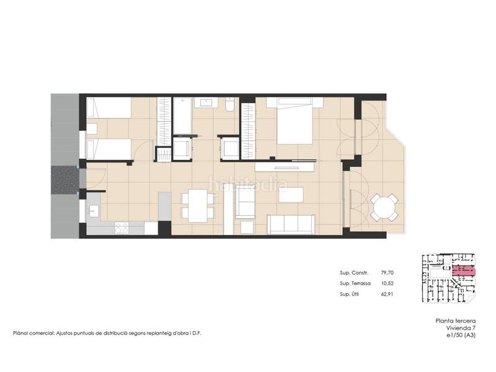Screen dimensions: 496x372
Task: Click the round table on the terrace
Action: click(384, 207)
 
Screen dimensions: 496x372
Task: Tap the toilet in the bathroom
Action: click(229, 104)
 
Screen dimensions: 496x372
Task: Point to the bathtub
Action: click(182, 116)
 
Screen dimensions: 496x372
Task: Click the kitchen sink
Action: click(94, 211)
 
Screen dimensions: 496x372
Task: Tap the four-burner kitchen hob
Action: click(122, 228)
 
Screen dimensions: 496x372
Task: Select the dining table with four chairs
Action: click(198, 206)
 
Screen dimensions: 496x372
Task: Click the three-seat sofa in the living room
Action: click(291, 224)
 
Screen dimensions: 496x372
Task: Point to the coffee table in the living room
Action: click(291, 195)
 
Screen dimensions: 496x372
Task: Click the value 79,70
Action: click(387, 273)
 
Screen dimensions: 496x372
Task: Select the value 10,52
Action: click(387, 283)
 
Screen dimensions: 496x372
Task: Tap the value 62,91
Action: click(387, 294)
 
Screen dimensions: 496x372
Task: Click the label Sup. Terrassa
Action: click(355, 283)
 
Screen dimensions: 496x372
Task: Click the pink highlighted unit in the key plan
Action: click(464, 271)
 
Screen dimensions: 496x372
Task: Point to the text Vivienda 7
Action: click(461, 328)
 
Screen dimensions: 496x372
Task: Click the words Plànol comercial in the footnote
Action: click(33, 333)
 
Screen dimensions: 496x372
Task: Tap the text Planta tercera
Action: click(456, 321)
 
